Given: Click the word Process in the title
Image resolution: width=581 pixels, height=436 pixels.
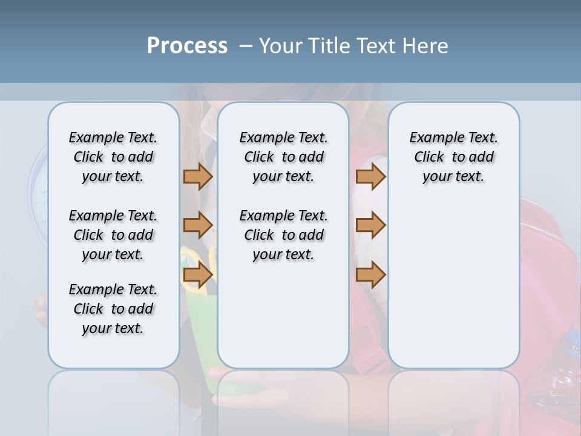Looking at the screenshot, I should [x=187, y=46].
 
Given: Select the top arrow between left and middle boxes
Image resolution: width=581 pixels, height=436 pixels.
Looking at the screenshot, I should [x=198, y=176].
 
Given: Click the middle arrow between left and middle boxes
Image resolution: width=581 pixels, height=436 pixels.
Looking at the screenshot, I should [x=198, y=225].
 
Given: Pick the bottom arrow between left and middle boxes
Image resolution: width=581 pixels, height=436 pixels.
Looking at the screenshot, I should [x=198, y=274].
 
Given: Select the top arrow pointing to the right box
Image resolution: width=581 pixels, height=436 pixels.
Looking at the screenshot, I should [x=370, y=176].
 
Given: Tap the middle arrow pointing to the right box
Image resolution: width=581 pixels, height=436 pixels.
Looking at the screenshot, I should [x=370, y=225].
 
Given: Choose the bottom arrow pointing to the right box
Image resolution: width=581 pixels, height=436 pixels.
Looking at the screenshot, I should [x=370, y=274].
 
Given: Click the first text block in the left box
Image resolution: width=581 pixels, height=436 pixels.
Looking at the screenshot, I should [x=113, y=157].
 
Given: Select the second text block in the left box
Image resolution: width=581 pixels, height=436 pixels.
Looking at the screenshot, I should [x=113, y=235].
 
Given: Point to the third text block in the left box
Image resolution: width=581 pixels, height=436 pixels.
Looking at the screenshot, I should [x=113, y=309].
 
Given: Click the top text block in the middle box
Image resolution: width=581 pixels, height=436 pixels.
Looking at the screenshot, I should [x=283, y=157].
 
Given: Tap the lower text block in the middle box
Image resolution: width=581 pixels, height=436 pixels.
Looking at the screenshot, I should [x=283, y=235].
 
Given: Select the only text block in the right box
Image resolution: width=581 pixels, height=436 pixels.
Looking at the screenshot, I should [x=453, y=157].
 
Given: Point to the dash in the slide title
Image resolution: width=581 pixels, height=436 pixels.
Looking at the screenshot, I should [x=246, y=46].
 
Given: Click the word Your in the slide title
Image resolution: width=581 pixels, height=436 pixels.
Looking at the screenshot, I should [x=281, y=46].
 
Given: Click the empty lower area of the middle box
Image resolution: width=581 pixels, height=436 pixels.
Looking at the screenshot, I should [x=283, y=315].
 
